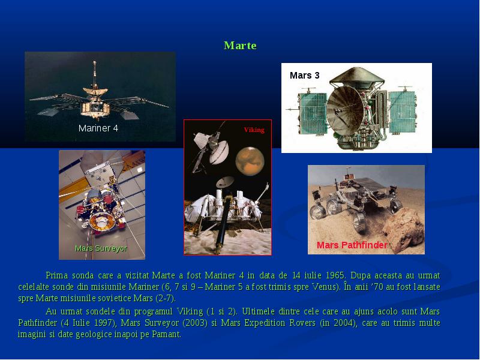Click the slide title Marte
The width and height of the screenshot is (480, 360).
(x=240, y=46)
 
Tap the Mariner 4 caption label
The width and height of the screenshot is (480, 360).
(x=98, y=128)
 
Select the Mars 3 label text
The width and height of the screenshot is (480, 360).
(x=305, y=76)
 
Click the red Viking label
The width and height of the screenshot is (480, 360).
(x=254, y=130)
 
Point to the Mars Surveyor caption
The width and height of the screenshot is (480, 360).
(x=101, y=248)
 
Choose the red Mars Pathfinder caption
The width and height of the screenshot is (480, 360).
(x=352, y=245)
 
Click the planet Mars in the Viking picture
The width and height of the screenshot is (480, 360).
(x=250, y=161)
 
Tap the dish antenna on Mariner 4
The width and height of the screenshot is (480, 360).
(x=95, y=91)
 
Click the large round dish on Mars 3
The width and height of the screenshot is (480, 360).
(x=345, y=109)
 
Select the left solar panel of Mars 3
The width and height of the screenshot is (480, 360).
(x=313, y=113)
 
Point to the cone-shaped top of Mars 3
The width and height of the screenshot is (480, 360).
(x=356, y=77)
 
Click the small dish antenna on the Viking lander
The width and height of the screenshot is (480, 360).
(x=225, y=182)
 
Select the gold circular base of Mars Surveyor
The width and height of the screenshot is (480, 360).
(x=101, y=220)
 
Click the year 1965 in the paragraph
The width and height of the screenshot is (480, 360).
(x=335, y=275)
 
